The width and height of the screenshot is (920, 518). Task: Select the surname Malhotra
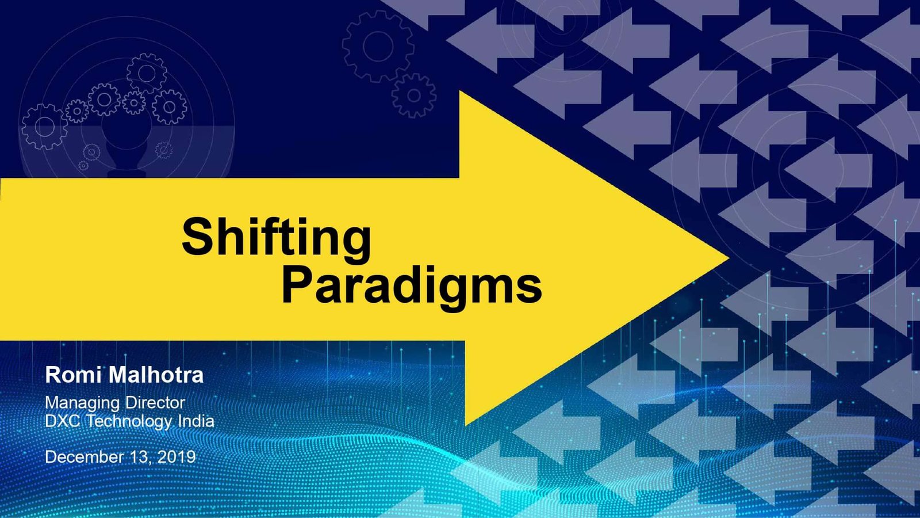156,375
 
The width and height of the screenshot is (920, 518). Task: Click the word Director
155,402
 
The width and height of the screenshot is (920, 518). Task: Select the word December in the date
84,457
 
